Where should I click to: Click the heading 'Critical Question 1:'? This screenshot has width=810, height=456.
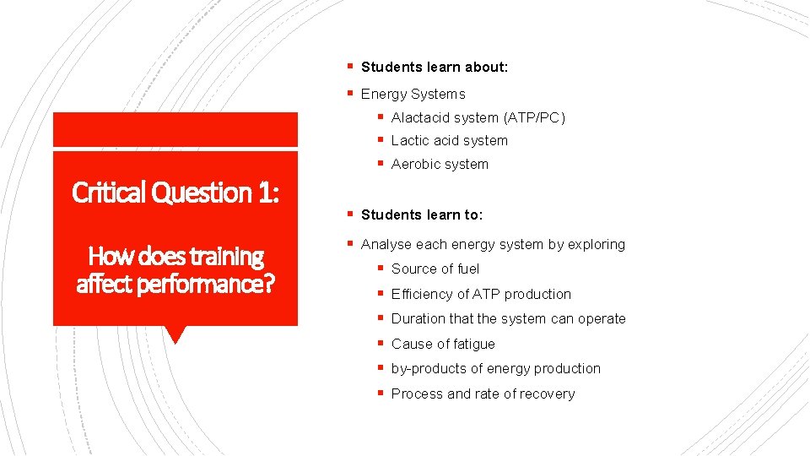coord(175,193)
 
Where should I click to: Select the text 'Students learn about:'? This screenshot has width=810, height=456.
coord(435,67)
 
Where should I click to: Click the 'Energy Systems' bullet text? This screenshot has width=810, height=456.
coord(413,94)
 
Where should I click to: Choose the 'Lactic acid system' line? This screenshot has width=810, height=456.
coord(449,141)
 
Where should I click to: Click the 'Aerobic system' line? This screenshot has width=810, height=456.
coord(440,165)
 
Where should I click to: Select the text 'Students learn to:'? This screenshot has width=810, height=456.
coord(422,215)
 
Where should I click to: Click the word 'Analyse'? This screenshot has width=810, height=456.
coord(385,245)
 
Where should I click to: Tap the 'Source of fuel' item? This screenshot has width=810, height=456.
coord(435,269)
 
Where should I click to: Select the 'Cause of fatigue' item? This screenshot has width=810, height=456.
coord(443,345)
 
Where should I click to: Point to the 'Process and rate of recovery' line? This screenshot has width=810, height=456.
coord(483,394)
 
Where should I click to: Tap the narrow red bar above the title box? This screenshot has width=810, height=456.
coord(175,129)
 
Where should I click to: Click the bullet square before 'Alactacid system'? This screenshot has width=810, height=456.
coord(381,117)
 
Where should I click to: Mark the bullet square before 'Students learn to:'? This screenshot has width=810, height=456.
coord(349,214)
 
